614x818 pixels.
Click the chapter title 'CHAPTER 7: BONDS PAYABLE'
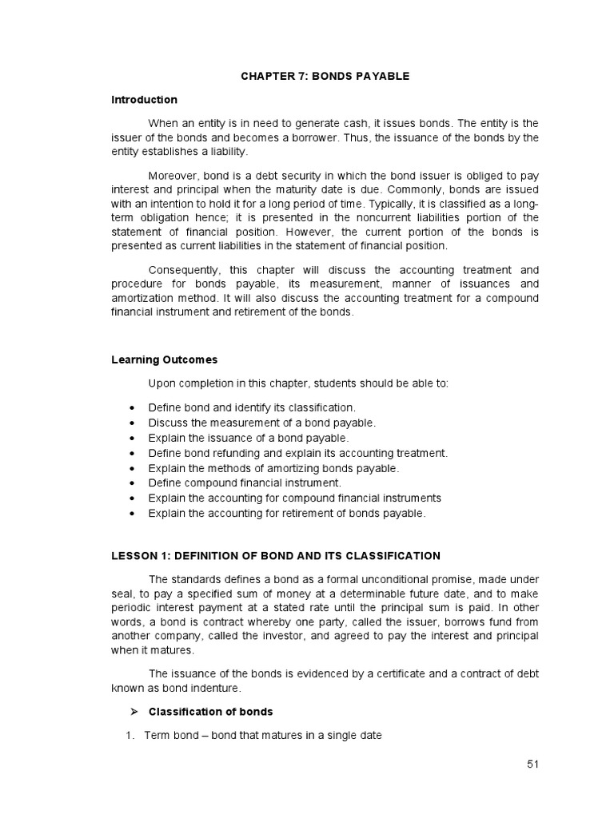[x=325, y=76]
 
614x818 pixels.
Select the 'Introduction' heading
[x=144, y=100]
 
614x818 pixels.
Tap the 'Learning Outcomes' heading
[x=164, y=359]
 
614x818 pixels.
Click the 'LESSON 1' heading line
[x=275, y=555]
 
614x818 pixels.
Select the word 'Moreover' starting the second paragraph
[x=173, y=176]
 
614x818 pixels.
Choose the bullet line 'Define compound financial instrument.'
[x=245, y=482]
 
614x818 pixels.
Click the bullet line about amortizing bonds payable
[x=273, y=468]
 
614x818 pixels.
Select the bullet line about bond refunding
[x=297, y=453]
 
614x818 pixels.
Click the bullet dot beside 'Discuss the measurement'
[x=130, y=423]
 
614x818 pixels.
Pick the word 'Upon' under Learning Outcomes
[x=161, y=383]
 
